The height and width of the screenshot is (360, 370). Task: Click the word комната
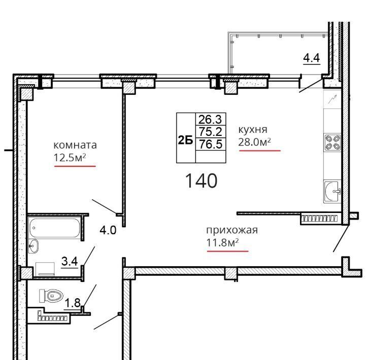pos(75,145)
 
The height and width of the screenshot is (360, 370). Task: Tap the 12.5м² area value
pos(70,157)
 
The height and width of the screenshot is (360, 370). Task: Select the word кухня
pos(253,130)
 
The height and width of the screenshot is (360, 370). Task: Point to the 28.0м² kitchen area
pos(254,141)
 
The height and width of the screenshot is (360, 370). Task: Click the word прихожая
pos(232,230)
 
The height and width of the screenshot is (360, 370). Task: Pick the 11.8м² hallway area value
pos(222,242)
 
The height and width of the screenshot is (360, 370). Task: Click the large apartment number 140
pos(201,181)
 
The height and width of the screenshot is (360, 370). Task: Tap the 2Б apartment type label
pos(185,140)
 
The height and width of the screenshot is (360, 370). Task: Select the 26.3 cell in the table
pos(210,119)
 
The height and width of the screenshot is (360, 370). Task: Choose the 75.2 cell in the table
pos(211,131)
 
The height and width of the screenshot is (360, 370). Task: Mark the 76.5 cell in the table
pos(211,143)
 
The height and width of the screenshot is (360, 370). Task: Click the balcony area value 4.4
pos(312,58)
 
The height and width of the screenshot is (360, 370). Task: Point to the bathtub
pos(54,228)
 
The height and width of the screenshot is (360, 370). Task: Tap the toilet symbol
pos(51,296)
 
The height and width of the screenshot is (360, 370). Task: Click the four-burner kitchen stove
pos(332,142)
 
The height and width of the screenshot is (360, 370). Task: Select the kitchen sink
pos(332,191)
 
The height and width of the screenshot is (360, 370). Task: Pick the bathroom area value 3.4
pos(70,261)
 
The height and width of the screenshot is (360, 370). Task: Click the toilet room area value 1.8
pos(73,303)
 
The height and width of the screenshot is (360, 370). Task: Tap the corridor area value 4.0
pos(108,230)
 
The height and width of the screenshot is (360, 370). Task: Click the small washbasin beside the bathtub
pos(33,246)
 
